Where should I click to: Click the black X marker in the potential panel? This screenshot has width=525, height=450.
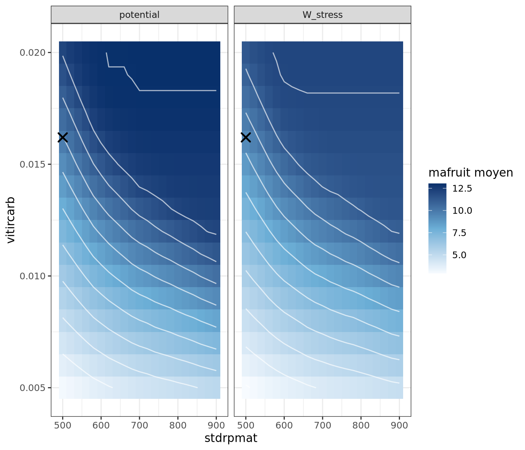coord(63,137)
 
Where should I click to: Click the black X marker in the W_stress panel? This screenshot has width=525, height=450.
coord(246,137)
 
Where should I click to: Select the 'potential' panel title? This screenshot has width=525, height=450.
coord(139,15)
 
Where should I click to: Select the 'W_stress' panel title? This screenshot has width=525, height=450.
coord(322,15)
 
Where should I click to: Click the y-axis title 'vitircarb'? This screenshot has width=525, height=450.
coord(11,220)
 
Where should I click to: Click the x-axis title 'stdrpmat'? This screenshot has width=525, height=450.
coord(231,438)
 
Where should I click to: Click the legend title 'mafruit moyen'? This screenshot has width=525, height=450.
coord(471,173)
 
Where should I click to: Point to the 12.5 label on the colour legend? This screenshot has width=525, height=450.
coord(462,189)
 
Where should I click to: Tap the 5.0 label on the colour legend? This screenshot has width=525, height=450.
coord(459,255)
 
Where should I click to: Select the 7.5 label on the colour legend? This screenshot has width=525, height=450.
coord(459,233)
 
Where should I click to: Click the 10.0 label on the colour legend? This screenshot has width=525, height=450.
coord(462,211)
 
